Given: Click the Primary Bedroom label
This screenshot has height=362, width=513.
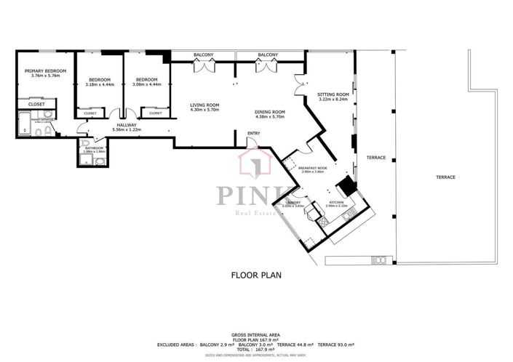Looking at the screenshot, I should coord(45,71).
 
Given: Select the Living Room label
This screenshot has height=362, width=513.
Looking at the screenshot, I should coord(204,105).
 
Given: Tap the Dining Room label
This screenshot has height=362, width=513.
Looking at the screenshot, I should coord(269,111).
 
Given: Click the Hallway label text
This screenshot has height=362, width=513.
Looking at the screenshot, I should coord(126,124).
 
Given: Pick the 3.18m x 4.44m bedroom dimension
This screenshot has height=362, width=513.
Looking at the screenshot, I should coord(100,85).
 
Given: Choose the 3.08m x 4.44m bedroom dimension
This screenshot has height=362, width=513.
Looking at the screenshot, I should coord(147,85).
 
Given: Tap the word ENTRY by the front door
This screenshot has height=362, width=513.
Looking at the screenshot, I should coord(253,133).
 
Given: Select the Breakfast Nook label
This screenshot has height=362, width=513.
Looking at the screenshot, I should coord(311,167).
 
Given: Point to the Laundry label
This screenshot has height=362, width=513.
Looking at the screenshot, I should coord(293,202).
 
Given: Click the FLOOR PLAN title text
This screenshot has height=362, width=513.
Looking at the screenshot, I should coord(256,275).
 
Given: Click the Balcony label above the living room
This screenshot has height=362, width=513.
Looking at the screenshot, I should coord(204,55).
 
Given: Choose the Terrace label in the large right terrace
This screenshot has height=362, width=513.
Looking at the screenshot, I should coord(446,177).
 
